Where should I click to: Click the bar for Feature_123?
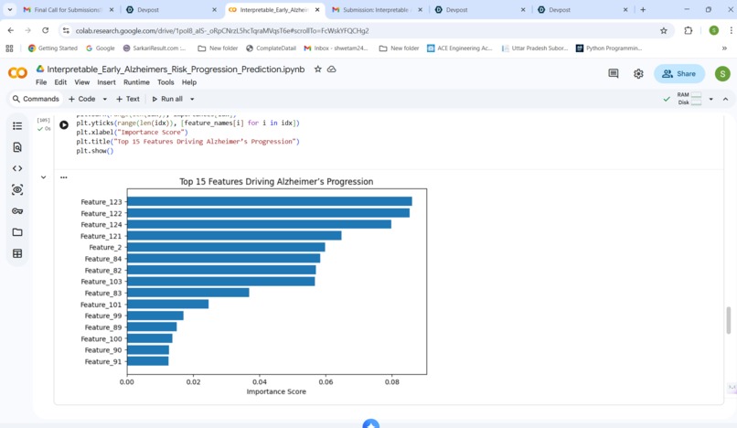(x=269, y=202)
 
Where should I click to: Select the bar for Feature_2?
(x=226, y=248)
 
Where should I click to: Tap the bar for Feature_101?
(x=167, y=305)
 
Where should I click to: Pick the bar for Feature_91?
(x=147, y=361)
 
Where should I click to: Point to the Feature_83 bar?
(x=187, y=294)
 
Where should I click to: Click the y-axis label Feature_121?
(x=101, y=236)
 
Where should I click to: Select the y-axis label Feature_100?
(x=102, y=339)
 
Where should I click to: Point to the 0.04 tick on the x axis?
(x=260, y=381)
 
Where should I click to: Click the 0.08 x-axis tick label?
(x=392, y=381)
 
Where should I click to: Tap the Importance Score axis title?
(x=276, y=392)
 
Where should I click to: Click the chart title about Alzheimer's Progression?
(x=276, y=182)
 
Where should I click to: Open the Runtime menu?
(x=136, y=82)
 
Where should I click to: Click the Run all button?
(x=167, y=99)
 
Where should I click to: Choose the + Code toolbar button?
(x=82, y=99)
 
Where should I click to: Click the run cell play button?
(x=64, y=124)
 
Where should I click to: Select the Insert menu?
(x=106, y=82)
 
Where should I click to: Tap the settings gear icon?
(x=638, y=74)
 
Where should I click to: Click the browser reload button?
(x=45, y=30)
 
